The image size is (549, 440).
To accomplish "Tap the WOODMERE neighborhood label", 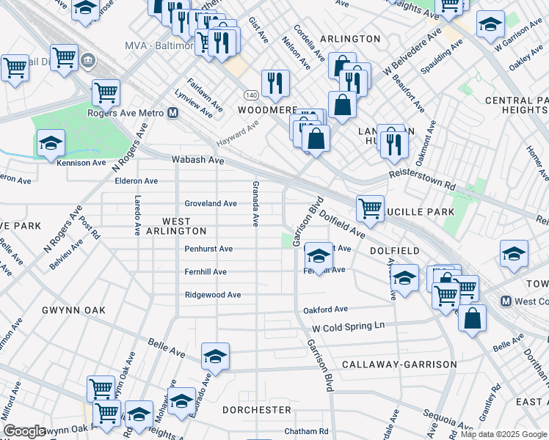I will click(x=267, y=109).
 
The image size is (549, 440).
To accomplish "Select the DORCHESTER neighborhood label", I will click(x=256, y=410).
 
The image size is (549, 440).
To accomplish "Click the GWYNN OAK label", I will click(x=73, y=310).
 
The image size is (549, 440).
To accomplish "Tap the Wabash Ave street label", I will click(x=197, y=159).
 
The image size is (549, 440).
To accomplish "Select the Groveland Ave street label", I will click(x=211, y=203).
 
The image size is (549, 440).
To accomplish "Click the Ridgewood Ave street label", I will click(x=213, y=295).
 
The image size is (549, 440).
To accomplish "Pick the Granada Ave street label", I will click(x=255, y=203).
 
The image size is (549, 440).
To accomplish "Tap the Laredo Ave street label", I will click(x=137, y=215).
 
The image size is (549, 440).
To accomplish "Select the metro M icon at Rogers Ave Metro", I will click(x=173, y=113).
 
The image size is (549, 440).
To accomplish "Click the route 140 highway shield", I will click(x=251, y=95).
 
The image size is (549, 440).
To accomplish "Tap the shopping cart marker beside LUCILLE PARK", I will click(x=371, y=208).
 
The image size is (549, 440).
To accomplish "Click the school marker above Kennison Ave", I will click(x=51, y=142).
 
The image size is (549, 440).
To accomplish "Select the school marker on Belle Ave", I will click(x=215, y=356).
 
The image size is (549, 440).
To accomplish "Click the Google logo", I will click(x=24, y=431).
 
